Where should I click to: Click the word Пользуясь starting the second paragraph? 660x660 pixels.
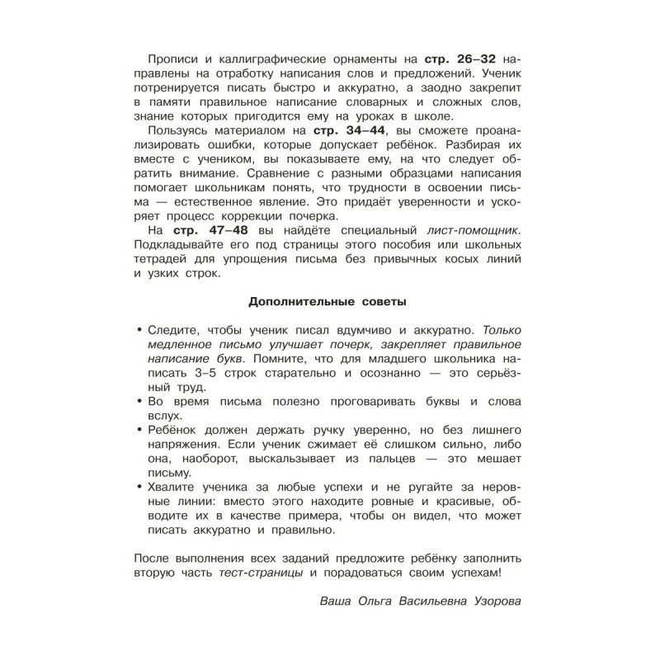(181, 130)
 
